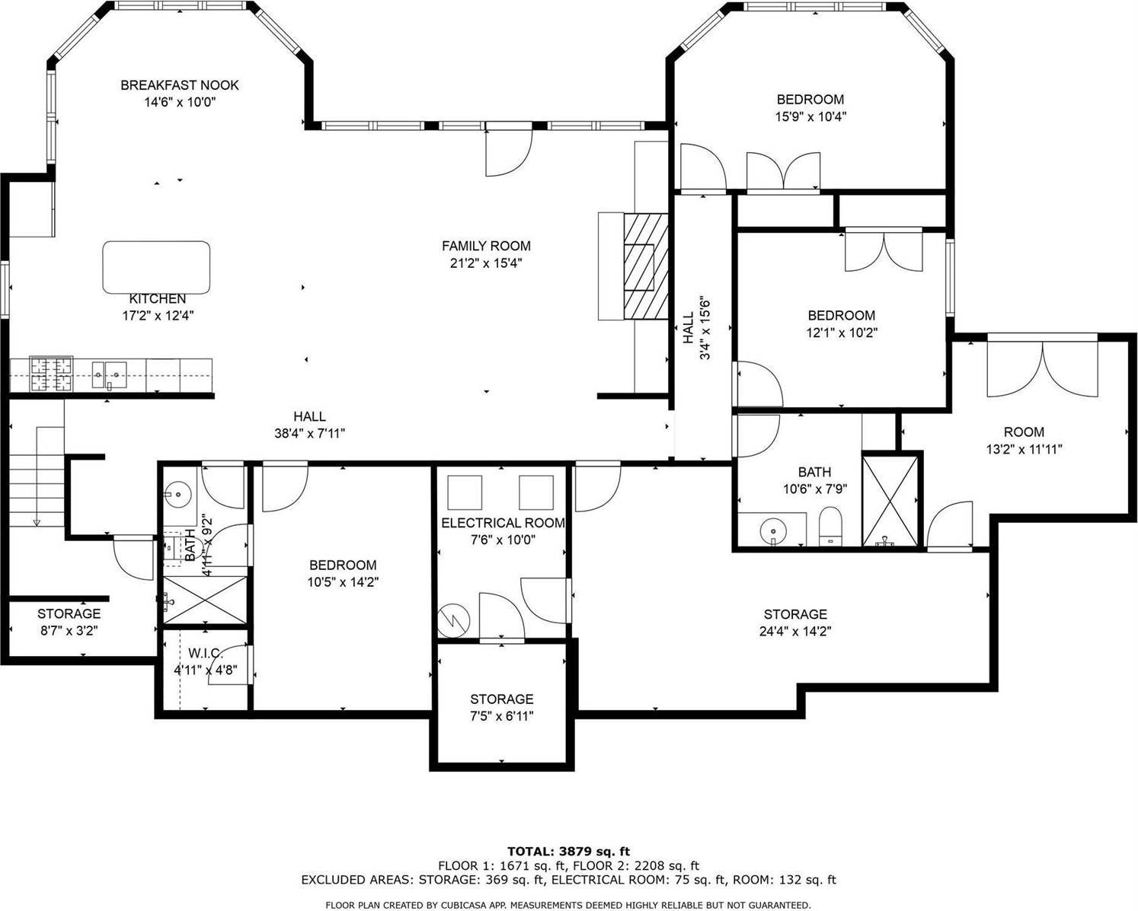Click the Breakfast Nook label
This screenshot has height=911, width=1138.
tap(180, 85)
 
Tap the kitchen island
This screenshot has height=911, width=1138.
tap(156, 266)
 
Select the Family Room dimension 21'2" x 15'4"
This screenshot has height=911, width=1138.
tap(486, 263)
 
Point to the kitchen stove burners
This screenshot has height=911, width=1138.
tap(51, 373)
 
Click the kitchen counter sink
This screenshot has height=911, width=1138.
tap(109, 372)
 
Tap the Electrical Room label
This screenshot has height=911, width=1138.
tap(503, 523)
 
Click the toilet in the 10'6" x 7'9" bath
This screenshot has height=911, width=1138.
tap(830, 527)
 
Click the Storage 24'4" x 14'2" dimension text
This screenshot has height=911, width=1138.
tap(795, 631)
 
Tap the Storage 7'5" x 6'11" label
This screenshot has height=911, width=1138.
tap(501, 699)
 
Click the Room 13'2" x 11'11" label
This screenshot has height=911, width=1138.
tap(1024, 432)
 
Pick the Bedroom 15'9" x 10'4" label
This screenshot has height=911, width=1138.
tap(810, 99)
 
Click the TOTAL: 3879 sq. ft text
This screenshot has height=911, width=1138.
tap(568, 851)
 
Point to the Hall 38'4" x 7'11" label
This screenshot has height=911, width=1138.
tap(309, 416)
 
